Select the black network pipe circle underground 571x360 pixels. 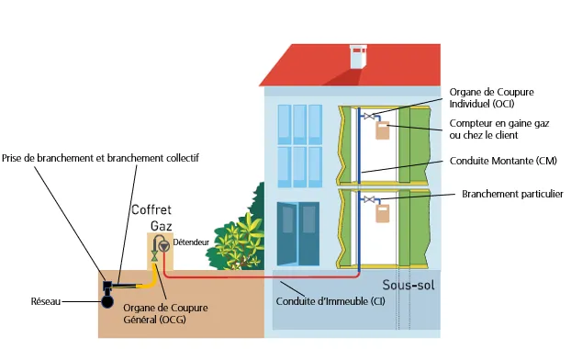pyautogui.click(x=108, y=299)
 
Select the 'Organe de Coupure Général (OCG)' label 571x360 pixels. pyautogui.click(x=158, y=313)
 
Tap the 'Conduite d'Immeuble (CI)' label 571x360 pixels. pyautogui.click(x=330, y=301)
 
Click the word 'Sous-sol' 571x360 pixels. pyautogui.click(x=408, y=284)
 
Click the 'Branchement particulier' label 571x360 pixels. pyautogui.click(x=512, y=194)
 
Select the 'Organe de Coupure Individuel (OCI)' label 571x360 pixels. pyautogui.click(x=491, y=97)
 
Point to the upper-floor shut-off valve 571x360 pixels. pyautogui.click(x=369, y=117)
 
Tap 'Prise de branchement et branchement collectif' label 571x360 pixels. pyautogui.click(x=100, y=158)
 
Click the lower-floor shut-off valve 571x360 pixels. pyautogui.click(x=369, y=199)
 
